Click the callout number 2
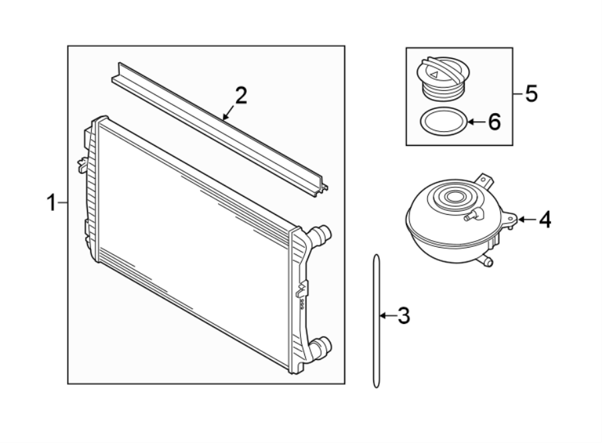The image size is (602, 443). (x=240, y=95)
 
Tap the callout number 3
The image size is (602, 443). (x=403, y=315)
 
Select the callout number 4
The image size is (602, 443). (x=545, y=219)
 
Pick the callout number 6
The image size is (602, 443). (x=493, y=122)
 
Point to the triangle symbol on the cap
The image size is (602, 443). (x=436, y=75)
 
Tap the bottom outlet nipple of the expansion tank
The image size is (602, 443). (x=489, y=262)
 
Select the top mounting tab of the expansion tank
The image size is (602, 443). (x=484, y=181)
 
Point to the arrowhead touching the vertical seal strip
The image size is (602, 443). (x=382, y=315)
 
